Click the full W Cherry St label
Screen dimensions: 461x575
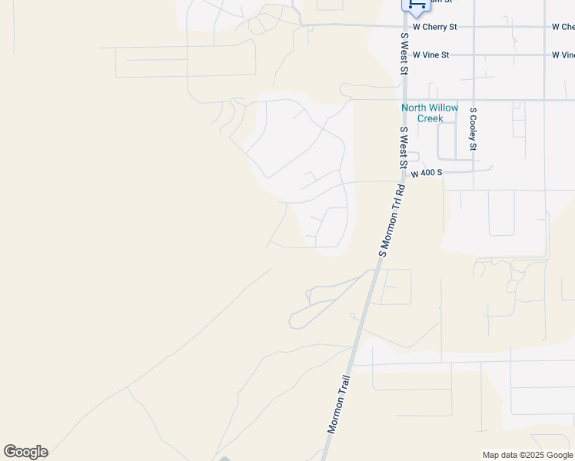point(434,27)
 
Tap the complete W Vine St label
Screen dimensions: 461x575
point(430,55)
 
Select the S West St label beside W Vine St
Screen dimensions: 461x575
point(403,53)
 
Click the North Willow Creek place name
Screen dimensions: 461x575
point(430,113)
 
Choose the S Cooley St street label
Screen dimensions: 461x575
point(474,129)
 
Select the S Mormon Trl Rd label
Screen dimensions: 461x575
point(391,220)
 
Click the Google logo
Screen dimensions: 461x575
point(25,452)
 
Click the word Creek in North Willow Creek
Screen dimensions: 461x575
point(430,118)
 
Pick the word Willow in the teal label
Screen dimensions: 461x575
point(444,108)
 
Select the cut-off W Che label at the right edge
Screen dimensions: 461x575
point(563,27)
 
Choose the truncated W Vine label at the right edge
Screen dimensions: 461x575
point(563,55)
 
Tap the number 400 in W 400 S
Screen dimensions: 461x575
point(428,174)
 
